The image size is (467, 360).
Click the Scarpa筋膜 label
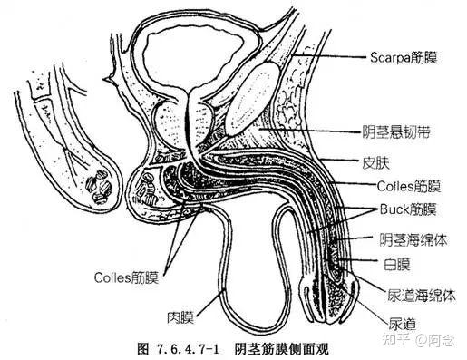pyautogui.click(x=403, y=58)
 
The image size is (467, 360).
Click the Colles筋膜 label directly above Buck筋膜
pyautogui.click(x=407, y=188)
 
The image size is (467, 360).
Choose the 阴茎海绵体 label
pyautogui.click(x=410, y=239)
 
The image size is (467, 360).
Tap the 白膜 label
pyautogui.click(x=395, y=265)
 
